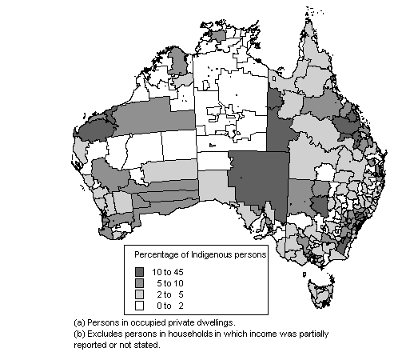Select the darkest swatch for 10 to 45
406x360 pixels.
click(x=141, y=272)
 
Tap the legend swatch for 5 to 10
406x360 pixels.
click(x=141, y=283)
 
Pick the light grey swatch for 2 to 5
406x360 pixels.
click(x=141, y=294)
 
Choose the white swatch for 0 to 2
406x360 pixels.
click(x=141, y=305)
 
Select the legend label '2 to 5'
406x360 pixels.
click(x=170, y=294)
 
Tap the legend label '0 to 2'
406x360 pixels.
click(x=170, y=305)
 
